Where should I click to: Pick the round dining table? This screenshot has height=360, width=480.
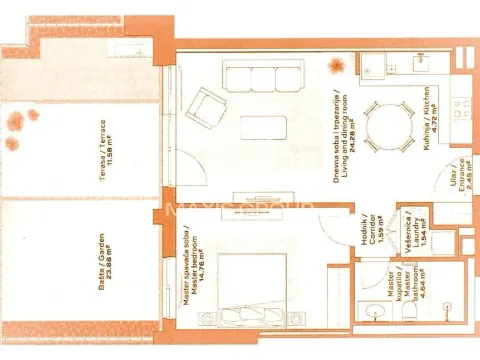pos(384,126)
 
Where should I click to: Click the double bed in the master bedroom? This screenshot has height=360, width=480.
pos(246,291)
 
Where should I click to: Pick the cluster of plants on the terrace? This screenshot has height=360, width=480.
pos(21,119)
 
